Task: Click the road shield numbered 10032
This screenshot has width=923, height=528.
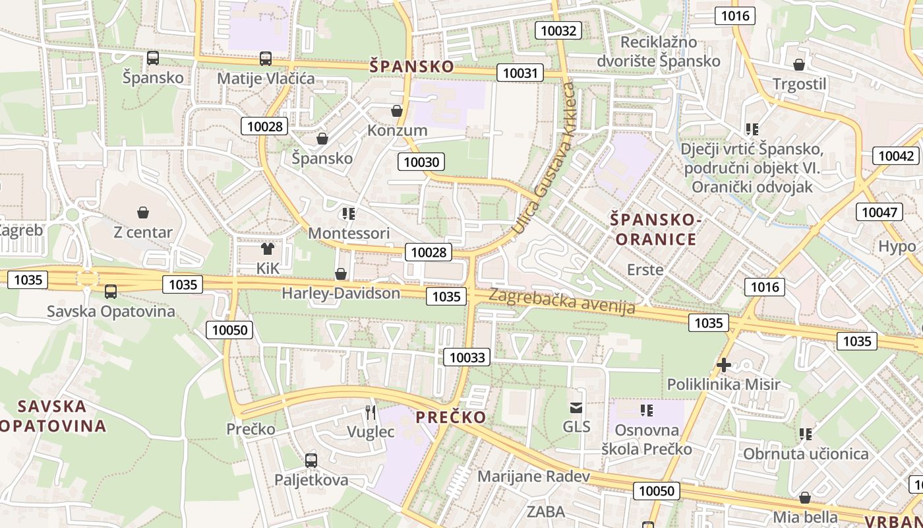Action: tap(558, 30)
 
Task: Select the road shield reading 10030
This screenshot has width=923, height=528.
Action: tap(421, 162)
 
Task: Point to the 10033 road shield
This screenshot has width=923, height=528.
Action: tap(467, 358)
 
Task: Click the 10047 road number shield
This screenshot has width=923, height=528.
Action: tap(879, 212)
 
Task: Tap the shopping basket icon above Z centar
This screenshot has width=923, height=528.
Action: tap(143, 213)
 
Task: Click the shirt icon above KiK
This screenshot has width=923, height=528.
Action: tap(268, 249)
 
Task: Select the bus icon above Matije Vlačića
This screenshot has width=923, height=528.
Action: tap(266, 59)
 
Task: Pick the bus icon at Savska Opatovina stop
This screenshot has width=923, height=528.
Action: tap(111, 291)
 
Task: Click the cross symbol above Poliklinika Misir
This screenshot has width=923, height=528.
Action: tap(724, 364)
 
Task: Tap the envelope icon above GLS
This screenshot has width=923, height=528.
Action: tap(576, 407)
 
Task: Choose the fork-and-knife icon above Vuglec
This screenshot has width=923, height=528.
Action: tap(371, 412)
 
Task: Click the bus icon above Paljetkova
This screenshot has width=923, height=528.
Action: tap(311, 460)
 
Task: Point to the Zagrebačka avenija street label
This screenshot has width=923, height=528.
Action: tap(562, 301)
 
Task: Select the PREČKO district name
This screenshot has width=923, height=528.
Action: tap(451, 417)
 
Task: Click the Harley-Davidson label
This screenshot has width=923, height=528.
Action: tap(341, 293)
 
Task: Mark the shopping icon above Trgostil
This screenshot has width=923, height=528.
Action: tap(799, 65)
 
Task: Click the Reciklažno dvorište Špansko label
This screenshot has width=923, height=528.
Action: tap(658, 51)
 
